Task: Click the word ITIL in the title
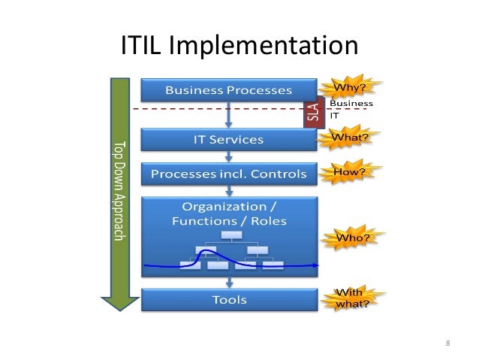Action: coord(143,47)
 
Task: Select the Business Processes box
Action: coord(229,91)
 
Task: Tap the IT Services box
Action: coord(229,140)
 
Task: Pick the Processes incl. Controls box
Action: coord(229,174)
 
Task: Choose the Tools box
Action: coord(229,300)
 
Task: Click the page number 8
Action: coord(448,343)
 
